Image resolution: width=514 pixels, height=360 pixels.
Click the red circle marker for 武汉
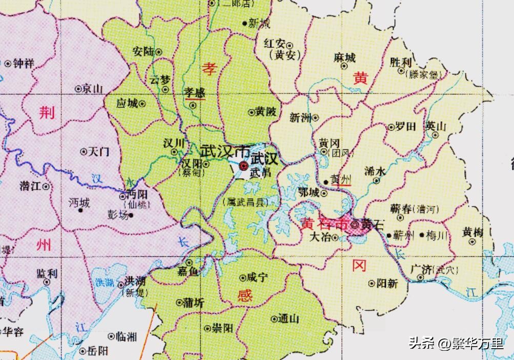(243, 165)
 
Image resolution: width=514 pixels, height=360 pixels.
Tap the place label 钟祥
(24, 64)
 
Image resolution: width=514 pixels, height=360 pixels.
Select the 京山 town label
(93, 89)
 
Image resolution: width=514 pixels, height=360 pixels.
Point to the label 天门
(99, 152)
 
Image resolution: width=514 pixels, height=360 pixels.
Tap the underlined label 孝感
(194, 92)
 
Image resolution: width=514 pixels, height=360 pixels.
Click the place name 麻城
(344, 58)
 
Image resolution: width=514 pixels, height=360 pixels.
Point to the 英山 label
(436, 126)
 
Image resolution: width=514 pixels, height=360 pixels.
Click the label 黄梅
(472, 232)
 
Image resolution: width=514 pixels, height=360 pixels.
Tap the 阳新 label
(387, 283)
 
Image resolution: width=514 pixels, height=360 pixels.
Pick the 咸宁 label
(257, 278)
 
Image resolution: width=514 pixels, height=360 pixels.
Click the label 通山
(289, 318)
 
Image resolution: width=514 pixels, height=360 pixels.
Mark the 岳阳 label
(98, 351)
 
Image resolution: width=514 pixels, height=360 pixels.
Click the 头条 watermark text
(421, 344)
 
